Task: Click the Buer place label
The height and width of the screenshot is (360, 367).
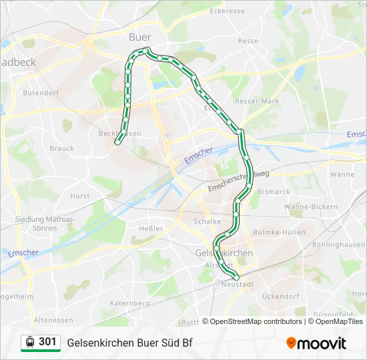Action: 139,37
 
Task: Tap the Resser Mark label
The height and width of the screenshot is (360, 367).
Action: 257,101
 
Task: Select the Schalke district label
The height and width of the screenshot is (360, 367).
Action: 207,221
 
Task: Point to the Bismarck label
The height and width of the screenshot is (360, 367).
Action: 274,192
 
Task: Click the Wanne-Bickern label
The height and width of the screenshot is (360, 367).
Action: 312,207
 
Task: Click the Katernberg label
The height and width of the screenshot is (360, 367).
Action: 129,303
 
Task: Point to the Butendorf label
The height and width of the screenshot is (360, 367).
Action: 41,93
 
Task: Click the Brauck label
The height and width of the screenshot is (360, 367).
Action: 61,148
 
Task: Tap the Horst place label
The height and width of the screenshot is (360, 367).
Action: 79,196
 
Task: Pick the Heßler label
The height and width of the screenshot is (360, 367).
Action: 150,229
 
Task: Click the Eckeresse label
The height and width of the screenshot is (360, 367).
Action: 229,11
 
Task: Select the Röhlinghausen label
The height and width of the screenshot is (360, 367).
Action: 341,245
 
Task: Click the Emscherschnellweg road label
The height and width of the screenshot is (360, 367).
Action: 238,181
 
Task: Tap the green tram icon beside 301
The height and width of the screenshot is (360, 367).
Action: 29,342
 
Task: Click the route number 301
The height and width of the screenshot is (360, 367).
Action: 47,342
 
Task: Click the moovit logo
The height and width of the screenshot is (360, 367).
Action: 316,343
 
